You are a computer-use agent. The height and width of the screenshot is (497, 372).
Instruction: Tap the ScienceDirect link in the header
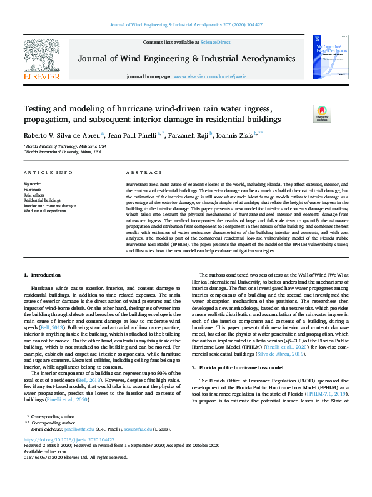[x=214, y=42]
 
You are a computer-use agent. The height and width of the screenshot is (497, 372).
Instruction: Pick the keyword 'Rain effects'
[x=34, y=194]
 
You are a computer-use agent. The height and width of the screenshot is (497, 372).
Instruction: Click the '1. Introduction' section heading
[x=43, y=275]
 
